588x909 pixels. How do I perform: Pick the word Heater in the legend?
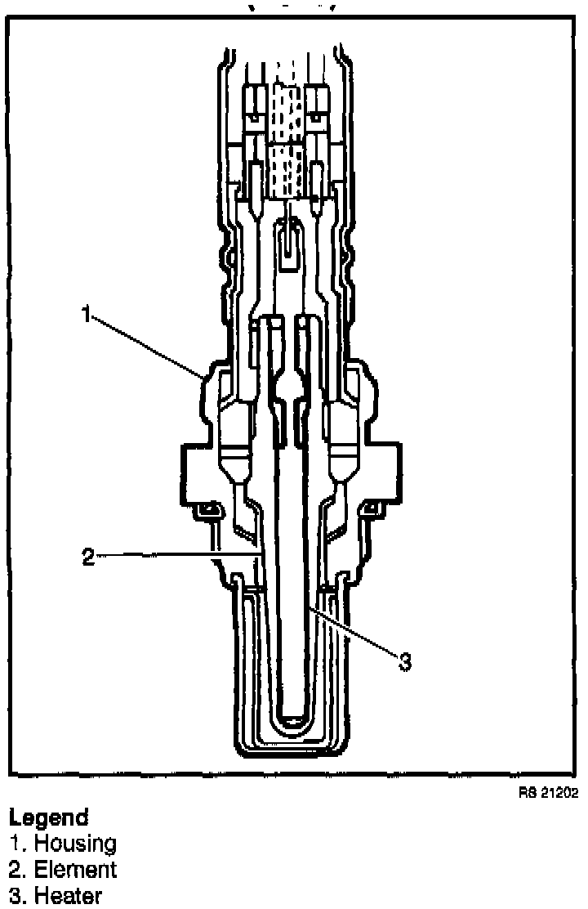(68, 895)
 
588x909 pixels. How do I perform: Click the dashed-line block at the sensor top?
(291, 140)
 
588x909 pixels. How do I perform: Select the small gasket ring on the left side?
(207, 511)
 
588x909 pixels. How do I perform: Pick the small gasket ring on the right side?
(372, 511)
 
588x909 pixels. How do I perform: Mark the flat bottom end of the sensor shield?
(291, 750)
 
